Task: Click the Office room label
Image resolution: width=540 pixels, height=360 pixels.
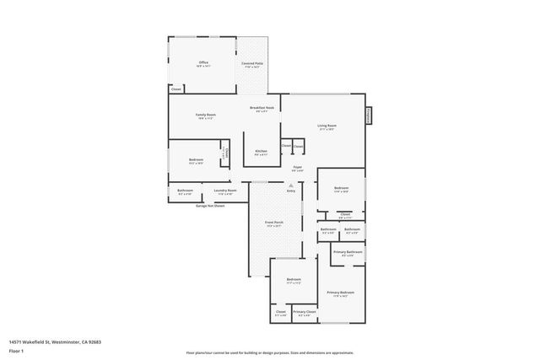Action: (203, 63)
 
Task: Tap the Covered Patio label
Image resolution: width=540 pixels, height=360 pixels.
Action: (251, 63)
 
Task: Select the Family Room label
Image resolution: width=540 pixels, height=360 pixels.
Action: (205, 116)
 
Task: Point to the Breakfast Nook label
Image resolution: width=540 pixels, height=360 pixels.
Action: (262, 108)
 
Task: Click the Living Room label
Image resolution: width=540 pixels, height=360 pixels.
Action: (327, 126)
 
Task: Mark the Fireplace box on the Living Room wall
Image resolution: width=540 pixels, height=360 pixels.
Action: (369, 116)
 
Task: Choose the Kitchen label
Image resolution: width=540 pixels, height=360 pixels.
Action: (262, 152)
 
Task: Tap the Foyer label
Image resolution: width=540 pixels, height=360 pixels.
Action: (297, 168)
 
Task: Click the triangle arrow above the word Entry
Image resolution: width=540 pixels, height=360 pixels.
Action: (290, 185)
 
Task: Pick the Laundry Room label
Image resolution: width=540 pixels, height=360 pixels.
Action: (225, 191)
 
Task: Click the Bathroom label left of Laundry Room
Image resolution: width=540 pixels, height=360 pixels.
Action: (185, 191)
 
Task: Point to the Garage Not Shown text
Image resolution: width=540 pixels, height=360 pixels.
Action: (210, 205)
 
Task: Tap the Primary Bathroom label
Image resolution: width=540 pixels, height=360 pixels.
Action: (348, 252)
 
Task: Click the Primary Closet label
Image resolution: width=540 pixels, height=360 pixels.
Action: (305, 312)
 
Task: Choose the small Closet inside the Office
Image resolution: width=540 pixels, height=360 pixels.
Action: (176, 89)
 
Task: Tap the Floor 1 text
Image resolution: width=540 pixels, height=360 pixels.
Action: (16, 350)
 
